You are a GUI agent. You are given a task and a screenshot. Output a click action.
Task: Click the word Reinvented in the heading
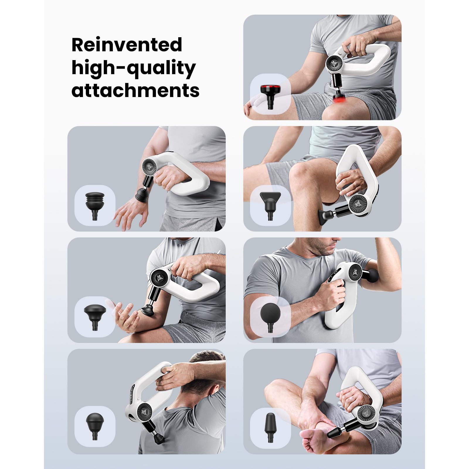127,45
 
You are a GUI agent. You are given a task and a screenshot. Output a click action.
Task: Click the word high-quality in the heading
133,69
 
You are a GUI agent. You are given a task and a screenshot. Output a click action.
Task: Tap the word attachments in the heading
135,90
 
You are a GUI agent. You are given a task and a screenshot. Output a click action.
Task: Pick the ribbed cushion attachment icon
95,206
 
